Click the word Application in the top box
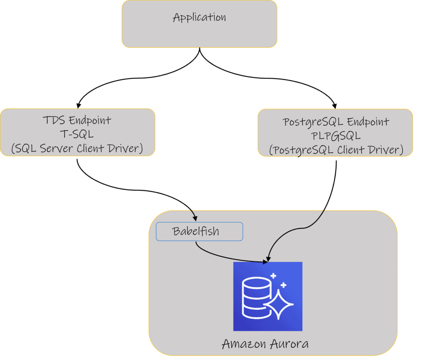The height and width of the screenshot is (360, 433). click(x=199, y=18)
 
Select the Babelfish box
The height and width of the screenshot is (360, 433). click(x=199, y=232)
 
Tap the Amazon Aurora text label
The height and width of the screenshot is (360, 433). click(x=265, y=344)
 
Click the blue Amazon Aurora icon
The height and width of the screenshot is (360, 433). click(x=268, y=296)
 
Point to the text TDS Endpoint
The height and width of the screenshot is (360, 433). click(x=77, y=120)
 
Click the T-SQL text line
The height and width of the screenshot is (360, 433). click(x=77, y=134)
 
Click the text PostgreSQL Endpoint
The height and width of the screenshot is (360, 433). click(x=336, y=122)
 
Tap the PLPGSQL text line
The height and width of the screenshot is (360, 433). click(x=336, y=136)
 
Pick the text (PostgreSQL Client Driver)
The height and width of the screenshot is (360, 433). click(x=336, y=150)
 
